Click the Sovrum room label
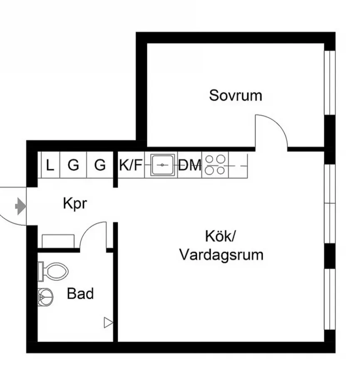click(236, 95)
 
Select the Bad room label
click(80, 294)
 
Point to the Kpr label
click(75, 204)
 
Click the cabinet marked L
click(50, 166)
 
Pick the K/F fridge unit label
click(130, 166)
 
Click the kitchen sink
click(162, 166)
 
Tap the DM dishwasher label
click(190, 166)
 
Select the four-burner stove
click(216, 165)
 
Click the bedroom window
click(330, 82)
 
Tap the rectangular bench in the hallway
click(58, 241)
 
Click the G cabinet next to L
click(73, 166)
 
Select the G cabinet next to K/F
click(100, 166)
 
